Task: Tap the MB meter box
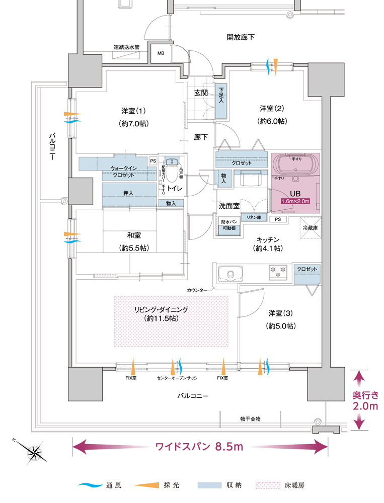(x=161, y=53)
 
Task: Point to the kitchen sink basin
(x=231, y=275)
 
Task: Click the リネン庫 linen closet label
(x=253, y=217)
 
